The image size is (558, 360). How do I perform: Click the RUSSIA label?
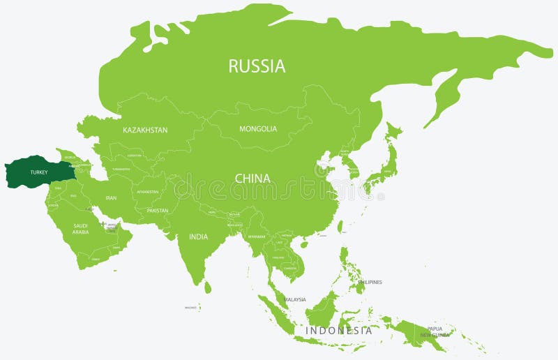[257, 66]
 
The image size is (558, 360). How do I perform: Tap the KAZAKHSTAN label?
[145, 130]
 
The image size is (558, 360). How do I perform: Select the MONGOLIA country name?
[258, 129]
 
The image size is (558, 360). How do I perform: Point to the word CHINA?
[252, 179]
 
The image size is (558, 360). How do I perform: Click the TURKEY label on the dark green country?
[38, 172]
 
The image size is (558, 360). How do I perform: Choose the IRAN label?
[111, 198]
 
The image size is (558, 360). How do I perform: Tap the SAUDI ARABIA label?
[81, 229]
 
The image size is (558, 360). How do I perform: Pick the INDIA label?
[198, 237]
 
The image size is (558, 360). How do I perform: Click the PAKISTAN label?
[158, 210]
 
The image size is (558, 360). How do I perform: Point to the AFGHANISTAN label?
[148, 192]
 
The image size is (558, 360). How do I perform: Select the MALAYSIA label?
[295, 300]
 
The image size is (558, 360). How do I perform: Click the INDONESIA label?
[339, 331]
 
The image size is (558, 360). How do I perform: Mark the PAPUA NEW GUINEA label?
[435, 332]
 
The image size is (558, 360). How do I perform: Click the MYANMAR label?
[256, 237]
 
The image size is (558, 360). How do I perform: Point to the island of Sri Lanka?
[207, 286]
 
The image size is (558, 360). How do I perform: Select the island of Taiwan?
[340, 227]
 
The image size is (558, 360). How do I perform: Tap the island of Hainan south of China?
[305, 244]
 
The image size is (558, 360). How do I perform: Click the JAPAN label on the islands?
[386, 171]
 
